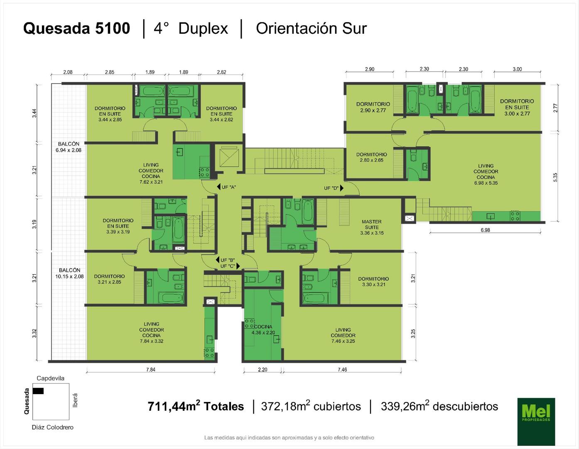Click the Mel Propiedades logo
[536, 422]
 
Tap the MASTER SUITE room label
[372, 227]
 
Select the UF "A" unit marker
[227, 187]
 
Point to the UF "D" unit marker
[334, 188]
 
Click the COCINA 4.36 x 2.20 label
[263, 330]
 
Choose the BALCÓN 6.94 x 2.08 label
[69, 147]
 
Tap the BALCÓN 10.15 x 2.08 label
[69, 273]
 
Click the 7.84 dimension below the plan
[151, 370]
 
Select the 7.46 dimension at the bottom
[342, 370]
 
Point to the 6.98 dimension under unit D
[485, 230]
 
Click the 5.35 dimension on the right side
[555, 177]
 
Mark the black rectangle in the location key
[38, 391]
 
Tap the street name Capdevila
[50, 378]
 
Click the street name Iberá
[75, 400]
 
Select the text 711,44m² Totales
[196, 405]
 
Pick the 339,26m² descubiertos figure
[439, 405]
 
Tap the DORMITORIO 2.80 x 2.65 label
[371, 157]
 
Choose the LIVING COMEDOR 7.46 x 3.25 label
[343, 336]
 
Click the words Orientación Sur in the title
[311, 29]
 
